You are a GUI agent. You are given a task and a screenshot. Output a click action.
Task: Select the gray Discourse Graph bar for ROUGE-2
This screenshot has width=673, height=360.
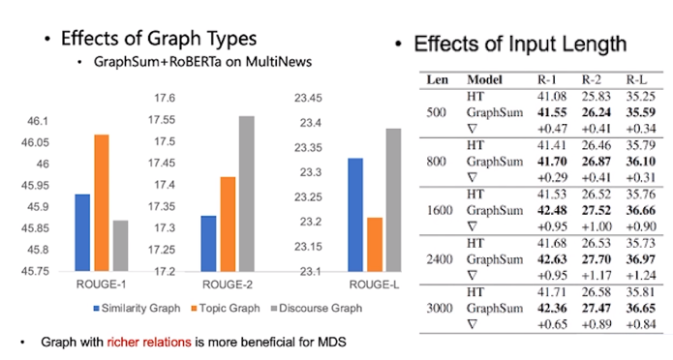click(x=247, y=194)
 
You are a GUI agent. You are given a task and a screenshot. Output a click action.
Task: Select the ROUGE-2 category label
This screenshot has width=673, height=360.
click(x=227, y=285)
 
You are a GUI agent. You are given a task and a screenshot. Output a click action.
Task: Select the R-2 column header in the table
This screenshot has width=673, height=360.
click(x=590, y=78)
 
